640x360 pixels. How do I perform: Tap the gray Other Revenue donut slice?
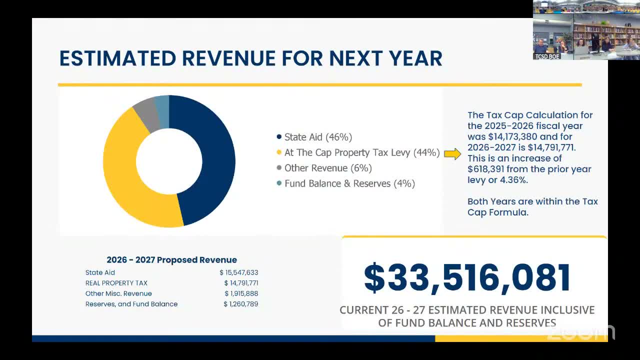pyautogui.click(x=145, y=114)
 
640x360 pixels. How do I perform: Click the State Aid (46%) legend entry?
pyautogui.click(x=318, y=137)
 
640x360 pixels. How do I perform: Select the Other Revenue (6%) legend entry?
pyautogui.click(x=328, y=168)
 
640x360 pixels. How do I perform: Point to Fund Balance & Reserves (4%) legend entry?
pyautogui.click(x=349, y=183)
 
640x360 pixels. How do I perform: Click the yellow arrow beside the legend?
pyautogui.click(x=452, y=154)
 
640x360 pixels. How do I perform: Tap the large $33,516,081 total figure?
pyautogui.click(x=467, y=278)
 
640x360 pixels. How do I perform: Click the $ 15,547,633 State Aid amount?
pyautogui.click(x=239, y=272)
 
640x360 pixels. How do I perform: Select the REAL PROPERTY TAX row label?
pyautogui.click(x=116, y=283)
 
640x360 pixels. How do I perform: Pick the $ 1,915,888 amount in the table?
pyautogui.click(x=241, y=293)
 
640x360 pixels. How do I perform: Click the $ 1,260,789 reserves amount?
pyautogui.click(x=241, y=304)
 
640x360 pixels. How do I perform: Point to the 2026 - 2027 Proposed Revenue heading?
pyautogui.click(x=171, y=260)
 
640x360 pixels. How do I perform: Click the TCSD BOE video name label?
pyautogui.click(x=546, y=56)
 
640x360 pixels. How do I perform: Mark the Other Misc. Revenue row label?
pyautogui.click(x=118, y=293)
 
